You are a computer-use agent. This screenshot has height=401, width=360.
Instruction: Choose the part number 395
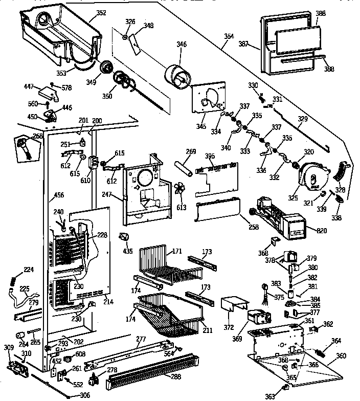209,155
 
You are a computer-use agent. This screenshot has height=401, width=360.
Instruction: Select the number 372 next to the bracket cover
230,327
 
